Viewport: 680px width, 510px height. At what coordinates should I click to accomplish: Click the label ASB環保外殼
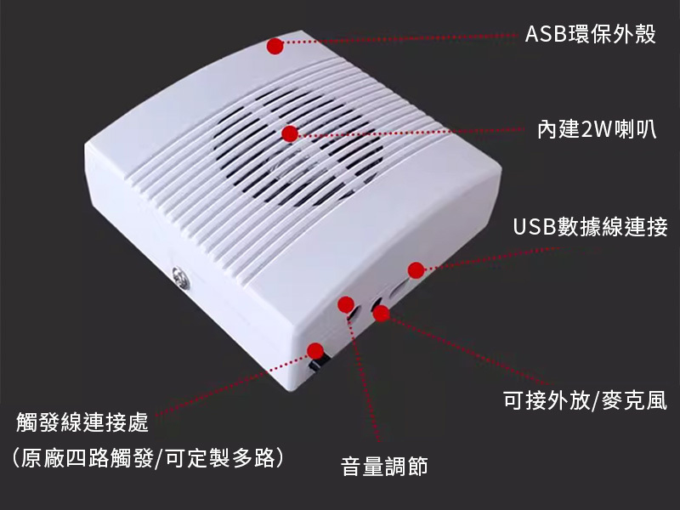(x=590, y=35)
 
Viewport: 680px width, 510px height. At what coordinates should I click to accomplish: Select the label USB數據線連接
(x=590, y=227)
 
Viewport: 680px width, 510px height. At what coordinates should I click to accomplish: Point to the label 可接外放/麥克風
(x=585, y=400)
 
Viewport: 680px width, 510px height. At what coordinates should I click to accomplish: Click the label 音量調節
(x=384, y=466)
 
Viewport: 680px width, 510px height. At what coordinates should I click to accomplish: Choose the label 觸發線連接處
(x=82, y=422)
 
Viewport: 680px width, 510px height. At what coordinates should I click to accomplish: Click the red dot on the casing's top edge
(x=275, y=46)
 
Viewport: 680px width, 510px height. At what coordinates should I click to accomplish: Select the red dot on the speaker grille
(x=290, y=133)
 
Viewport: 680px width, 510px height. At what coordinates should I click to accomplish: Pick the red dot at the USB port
(x=416, y=270)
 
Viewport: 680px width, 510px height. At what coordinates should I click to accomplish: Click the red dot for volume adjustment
(x=346, y=304)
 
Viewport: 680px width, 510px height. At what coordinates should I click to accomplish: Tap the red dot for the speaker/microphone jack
(x=381, y=314)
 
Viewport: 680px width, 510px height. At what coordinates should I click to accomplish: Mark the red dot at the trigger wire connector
(x=315, y=349)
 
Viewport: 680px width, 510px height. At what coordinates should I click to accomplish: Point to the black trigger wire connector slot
(x=319, y=364)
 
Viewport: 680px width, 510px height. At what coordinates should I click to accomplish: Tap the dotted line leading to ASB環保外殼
(x=399, y=39)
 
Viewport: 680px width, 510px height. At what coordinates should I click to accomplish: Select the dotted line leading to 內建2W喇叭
(x=408, y=132)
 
